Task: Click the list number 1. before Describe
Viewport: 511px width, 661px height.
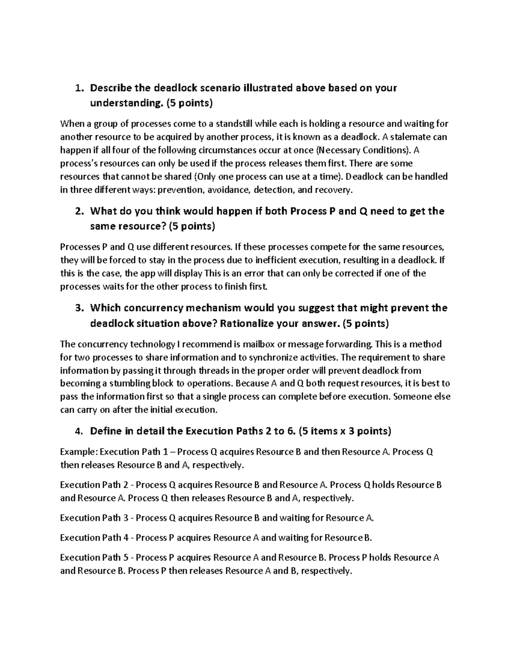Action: tap(78, 89)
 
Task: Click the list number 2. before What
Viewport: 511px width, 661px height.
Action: tap(78, 212)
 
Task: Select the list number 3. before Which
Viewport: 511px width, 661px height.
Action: tap(78, 308)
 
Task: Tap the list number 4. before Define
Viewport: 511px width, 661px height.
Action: tap(78, 431)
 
